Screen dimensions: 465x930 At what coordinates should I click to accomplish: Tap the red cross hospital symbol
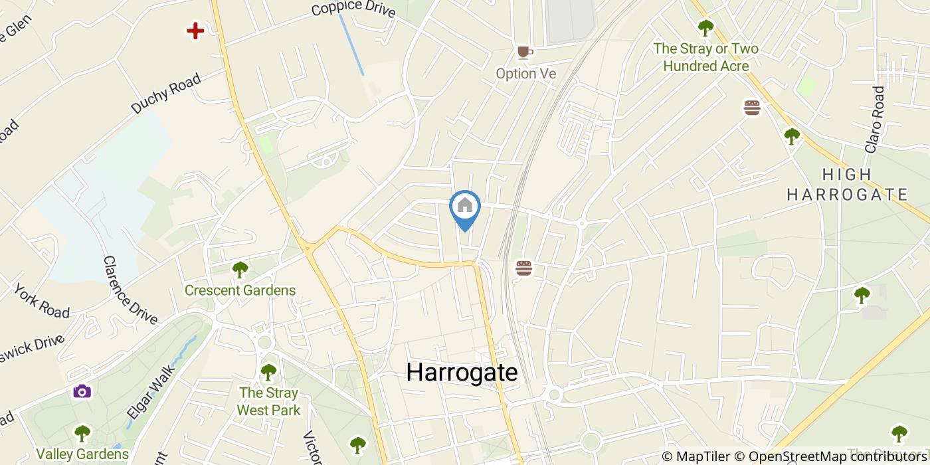coord(195,31)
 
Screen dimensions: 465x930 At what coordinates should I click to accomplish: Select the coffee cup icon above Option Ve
coord(525,52)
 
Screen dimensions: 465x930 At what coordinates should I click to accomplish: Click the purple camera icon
coord(82,391)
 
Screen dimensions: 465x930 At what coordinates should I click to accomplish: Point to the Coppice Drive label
coord(353,9)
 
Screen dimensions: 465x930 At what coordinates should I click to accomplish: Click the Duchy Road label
coord(165,94)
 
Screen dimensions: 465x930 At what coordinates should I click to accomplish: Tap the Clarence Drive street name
coord(130,290)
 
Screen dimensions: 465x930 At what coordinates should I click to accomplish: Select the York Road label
coord(41,302)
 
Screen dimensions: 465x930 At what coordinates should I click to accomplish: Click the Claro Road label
coord(876,120)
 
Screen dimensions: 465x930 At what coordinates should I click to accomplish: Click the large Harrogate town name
coord(462,372)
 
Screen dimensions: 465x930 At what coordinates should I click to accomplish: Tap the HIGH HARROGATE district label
coord(847,185)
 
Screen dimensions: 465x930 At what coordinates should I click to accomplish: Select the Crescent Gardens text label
coord(240,290)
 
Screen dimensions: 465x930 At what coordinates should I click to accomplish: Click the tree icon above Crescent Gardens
coord(240,269)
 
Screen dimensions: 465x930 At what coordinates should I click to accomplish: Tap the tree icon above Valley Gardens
coord(82,434)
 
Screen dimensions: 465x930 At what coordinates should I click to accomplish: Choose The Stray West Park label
coord(268,401)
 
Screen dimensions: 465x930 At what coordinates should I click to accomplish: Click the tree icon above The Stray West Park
coord(268,371)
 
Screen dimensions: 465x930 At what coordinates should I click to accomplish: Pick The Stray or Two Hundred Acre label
coord(705,57)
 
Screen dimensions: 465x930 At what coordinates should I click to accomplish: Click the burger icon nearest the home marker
coord(524,268)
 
